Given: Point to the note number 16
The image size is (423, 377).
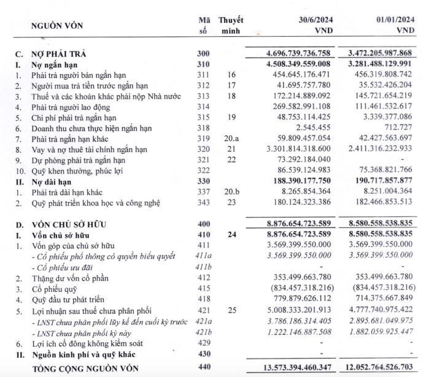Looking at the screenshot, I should (231, 74).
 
